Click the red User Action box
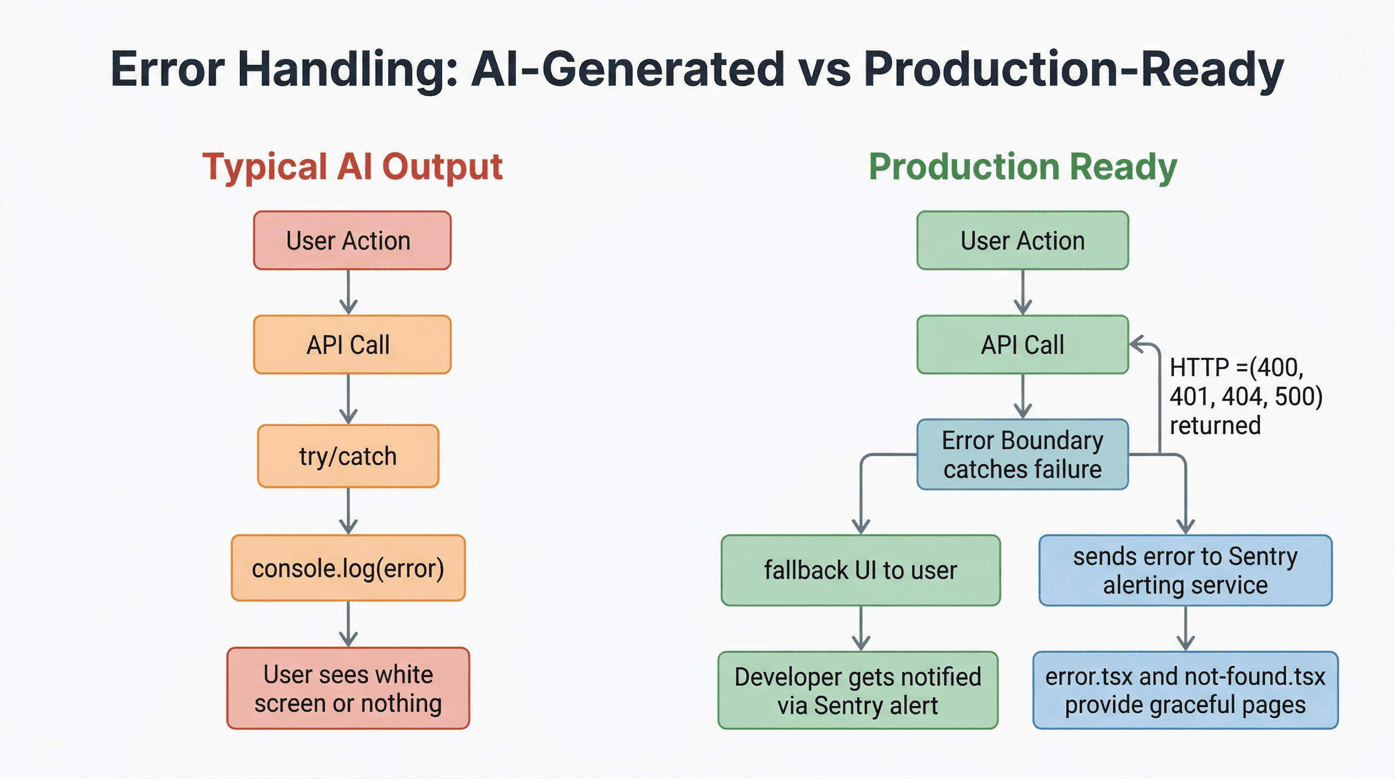[352, 240]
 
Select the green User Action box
[1022, 240]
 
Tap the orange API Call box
[352, 344]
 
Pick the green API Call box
[1022, 344]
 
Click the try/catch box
[348, 456]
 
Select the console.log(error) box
[348, 568]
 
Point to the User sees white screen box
[348, 688]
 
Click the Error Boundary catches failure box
[1022, 454]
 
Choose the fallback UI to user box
[861, 571]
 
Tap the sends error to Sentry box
[1186, 571]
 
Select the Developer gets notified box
[858, 690]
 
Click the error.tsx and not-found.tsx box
[1186, 690]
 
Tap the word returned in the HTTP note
[1215, 425]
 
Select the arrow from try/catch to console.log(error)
[348, 511]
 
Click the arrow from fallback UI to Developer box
[861, 628]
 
